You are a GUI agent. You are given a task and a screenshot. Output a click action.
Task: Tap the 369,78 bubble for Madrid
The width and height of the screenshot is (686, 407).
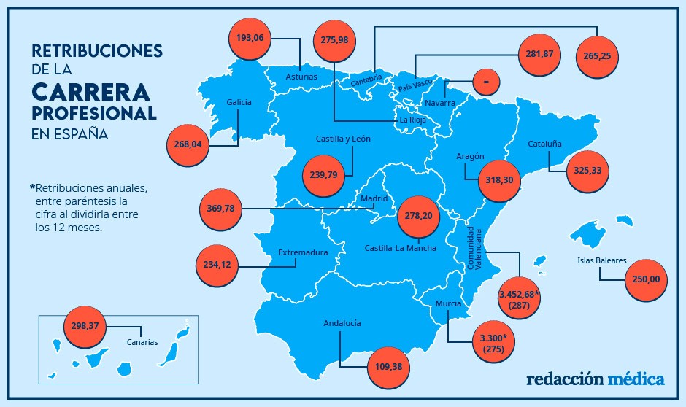(221, 209)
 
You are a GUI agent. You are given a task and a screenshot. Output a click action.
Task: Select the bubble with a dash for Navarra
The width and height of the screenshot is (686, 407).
(486, 82)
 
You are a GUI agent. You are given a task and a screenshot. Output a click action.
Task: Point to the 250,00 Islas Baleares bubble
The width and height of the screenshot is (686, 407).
(646, 279)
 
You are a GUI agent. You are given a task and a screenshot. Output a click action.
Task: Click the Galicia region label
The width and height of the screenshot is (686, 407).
(239, 102)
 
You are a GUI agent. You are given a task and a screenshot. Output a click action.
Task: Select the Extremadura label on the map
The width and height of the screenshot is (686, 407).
(303, 252)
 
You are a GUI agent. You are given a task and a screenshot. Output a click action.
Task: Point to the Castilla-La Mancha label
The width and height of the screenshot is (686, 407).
(400, 248)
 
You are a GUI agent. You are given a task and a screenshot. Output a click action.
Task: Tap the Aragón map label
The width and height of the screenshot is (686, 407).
(470, 156)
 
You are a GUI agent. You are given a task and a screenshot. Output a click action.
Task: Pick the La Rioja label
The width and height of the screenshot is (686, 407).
(412, 120)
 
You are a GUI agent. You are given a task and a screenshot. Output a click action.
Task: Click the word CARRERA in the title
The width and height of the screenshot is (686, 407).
(91, 92)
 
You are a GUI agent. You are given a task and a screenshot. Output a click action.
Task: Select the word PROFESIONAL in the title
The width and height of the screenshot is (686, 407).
(94, 115)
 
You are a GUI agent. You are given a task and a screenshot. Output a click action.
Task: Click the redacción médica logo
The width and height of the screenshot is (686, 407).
(595, 379)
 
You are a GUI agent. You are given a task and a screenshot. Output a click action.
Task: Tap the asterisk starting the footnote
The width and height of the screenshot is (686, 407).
(33, 187)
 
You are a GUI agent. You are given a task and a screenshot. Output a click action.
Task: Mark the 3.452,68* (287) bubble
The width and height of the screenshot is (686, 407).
(519, 298)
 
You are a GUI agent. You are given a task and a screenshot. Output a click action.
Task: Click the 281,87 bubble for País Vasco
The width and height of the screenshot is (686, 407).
(540, 54)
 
